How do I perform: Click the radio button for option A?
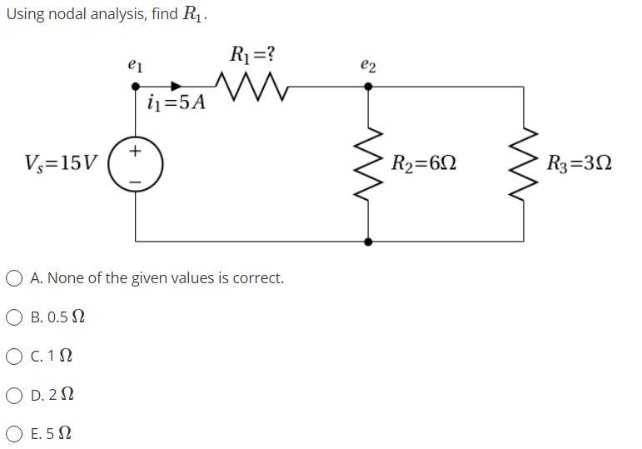pos(16,278)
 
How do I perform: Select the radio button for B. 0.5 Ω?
pos(16,317)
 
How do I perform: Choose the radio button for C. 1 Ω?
pos(16,356)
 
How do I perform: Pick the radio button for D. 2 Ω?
pos(16,394)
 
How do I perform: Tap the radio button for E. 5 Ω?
pos(16,433)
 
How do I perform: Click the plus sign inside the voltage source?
pos(137,152)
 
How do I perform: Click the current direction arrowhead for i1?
pos(177,86)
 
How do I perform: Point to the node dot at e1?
pos(137,86)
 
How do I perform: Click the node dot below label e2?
pos(369,86)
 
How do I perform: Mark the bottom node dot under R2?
pos(369,242)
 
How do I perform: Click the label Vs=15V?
pos(62,162)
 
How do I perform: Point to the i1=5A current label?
pos(176,104)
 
